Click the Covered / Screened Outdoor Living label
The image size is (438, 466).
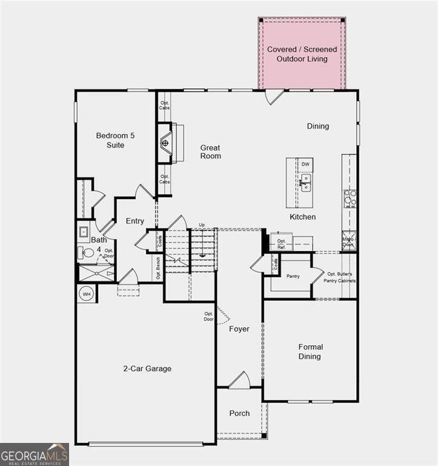pyautogui.click(x=302, y=54)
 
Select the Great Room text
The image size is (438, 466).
pyautogui.click(x=211, y=152)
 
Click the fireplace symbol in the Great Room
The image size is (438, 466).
pyautogui.click(x=165, y=143)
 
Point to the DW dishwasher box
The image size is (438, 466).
pyautogui.click(x=305, y=164)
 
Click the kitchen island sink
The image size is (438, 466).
pyautogui.click(x=306, y=180)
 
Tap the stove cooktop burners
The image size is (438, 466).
pyautogui.click(x=350, y=198)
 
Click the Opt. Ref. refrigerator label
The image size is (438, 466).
pyautogui.click(x=281, y=244)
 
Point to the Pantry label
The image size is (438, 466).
pyautogui.click(x=293, y=276)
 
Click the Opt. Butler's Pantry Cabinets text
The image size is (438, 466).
pyautogui.click(x=341, y=277)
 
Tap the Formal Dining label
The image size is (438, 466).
pyautogui.click(x=310, y=351)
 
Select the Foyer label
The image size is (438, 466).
pyautogui.click(x=239, y=329)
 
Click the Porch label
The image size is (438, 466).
pyautogui.click(x=239, y=413)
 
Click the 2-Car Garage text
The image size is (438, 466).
pyautogui.click(x=147, y=368)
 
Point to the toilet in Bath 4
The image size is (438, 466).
pyautogui.click(x=85, y=254)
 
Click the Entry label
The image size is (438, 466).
pyautogui.click(x=134, y=221)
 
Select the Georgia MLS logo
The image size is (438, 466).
pyautogui.click(x=35, y=454)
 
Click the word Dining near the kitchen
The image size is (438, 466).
pyautogui.click(x=317, y=126)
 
